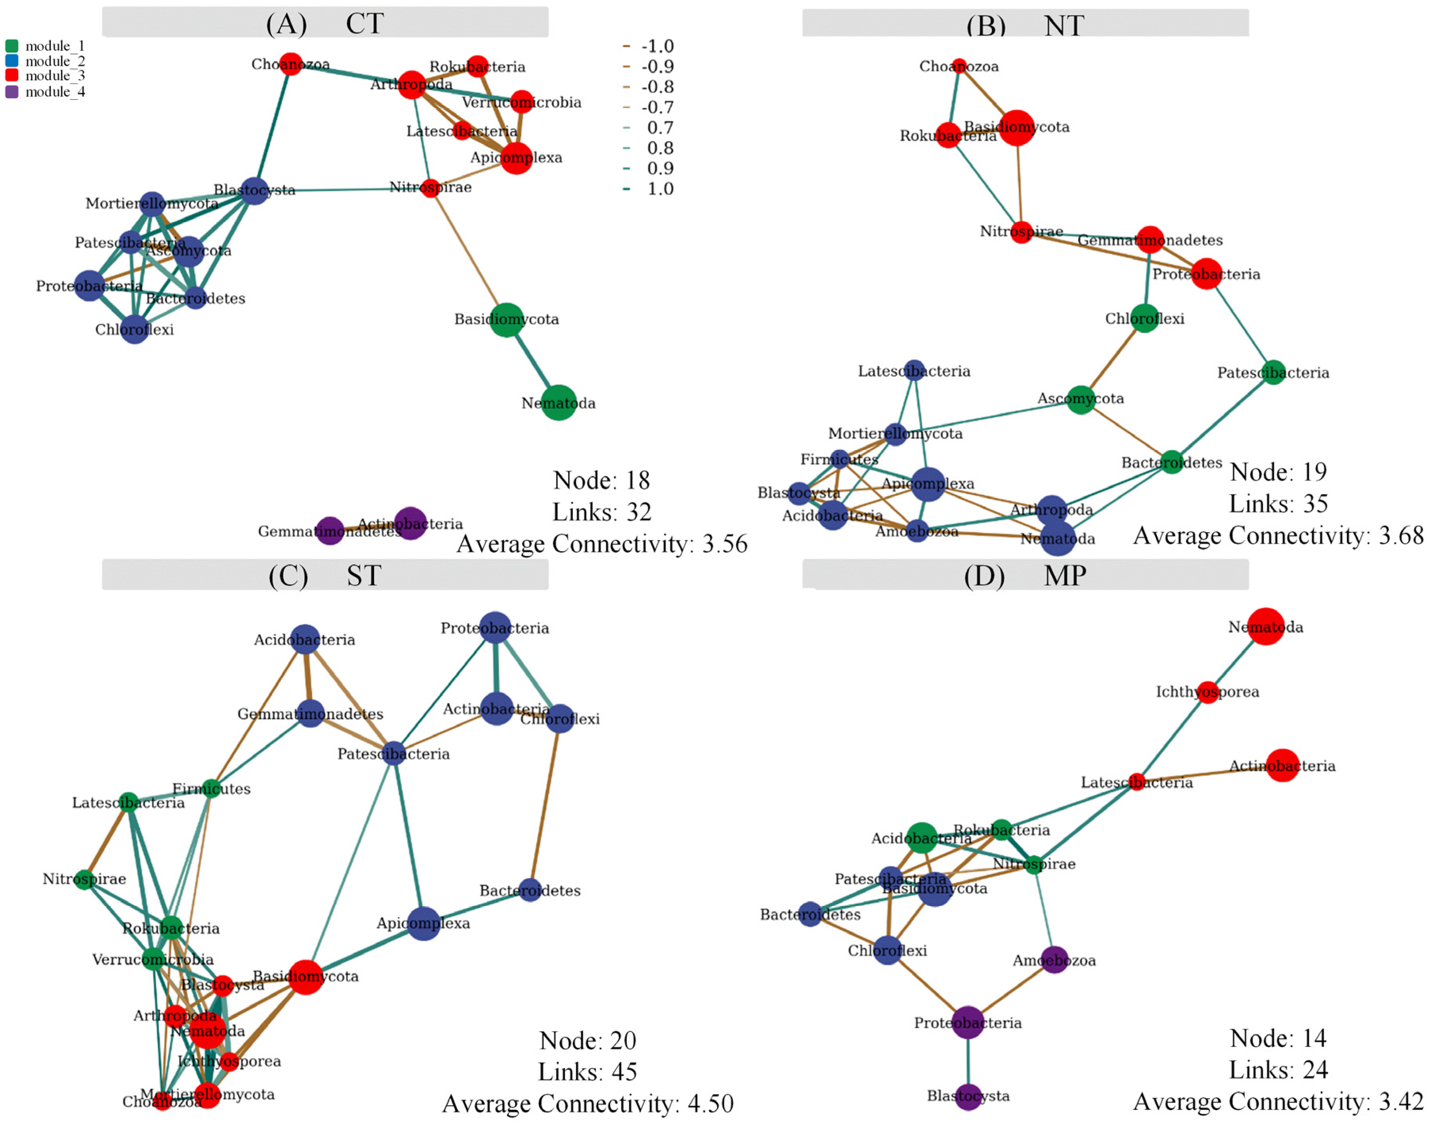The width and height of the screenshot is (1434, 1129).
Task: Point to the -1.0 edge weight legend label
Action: click(x=657, y=46)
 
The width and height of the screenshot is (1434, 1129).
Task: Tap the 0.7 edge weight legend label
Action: click(x=659, y=128)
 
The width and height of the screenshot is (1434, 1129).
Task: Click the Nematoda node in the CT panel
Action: click(x=558, y=402)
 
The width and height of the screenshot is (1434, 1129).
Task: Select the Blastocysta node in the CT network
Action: click(x=254, y=190)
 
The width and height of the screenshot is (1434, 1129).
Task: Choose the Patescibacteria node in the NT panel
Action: click(x=1273, y=372)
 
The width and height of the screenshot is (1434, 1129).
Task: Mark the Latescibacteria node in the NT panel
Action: click(x=913, y=370)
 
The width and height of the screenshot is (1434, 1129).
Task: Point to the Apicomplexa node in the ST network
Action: click(x=424, y=923)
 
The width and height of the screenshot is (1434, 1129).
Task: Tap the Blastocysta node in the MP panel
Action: click(x=968, y=1096)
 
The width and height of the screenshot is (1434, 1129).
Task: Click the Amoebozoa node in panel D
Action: click(x=1054, y=960)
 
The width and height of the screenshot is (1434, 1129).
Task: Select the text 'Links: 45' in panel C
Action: click(x=587, y=1072)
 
